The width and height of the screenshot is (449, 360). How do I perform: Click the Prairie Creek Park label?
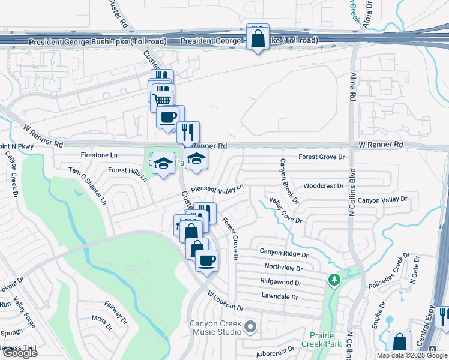click(x=325, y=340)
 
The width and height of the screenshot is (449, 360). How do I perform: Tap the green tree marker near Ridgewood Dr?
click(x=334, y=280)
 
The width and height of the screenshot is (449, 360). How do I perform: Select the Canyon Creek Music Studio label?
click(x=215, y=328)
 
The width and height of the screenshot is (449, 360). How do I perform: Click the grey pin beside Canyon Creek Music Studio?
click(x=250, y=327)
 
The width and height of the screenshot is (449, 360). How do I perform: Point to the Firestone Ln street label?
click(x=99, y=155)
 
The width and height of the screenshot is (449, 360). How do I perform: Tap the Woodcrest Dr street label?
click(x=324, y=186)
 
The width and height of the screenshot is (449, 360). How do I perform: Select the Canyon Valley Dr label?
click(x=382, y=200)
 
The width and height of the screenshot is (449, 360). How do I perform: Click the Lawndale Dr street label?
click(x=280, y=296)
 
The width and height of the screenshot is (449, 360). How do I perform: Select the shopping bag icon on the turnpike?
click(x=258, y=38)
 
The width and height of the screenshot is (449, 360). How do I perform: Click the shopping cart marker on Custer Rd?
click(x=163, y=99)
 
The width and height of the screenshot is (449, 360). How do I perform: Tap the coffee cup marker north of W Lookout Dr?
click(x=206, y=260)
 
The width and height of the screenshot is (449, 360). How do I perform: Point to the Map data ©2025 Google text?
click(x=411, y=355)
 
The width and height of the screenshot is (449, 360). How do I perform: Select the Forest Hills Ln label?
click(x=128, y=174)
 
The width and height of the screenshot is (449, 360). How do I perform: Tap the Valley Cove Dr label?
click(x=285, y=211)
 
